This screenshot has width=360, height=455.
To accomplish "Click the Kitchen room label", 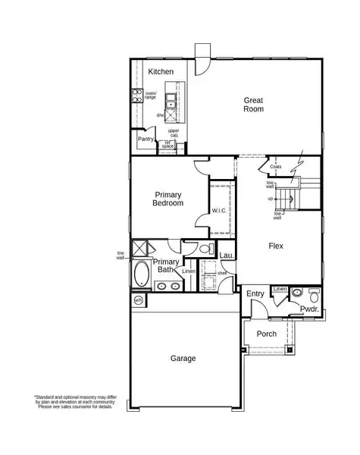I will (161, 72).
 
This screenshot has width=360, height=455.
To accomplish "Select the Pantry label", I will (146, 140).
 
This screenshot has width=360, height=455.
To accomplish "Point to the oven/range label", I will (150, 96).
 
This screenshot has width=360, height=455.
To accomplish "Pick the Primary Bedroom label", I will (168, 199).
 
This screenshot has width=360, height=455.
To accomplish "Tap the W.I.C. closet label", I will (220, 210).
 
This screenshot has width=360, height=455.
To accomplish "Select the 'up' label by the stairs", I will (270, 199).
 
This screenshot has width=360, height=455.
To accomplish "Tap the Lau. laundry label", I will (226, 256).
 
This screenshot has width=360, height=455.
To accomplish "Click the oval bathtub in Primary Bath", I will (142, 275).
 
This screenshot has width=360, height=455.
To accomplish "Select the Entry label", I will (255, 294).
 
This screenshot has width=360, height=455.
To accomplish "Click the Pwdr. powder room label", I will (308, 309).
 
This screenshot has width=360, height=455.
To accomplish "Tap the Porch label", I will (266, 334).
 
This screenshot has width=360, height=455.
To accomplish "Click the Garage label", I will (183, 358).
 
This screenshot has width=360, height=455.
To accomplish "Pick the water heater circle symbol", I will (138, 301).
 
